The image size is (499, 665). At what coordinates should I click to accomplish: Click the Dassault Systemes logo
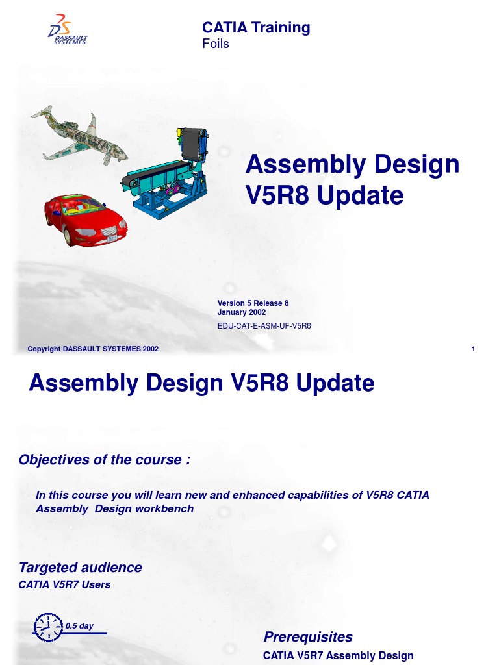[67, 30]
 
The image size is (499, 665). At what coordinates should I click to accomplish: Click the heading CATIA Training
[256, 27]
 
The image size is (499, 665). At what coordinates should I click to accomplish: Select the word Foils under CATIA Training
[216, 44]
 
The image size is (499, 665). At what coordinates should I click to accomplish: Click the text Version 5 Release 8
[253, 303]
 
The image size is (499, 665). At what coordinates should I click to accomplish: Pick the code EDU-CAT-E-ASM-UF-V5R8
[264, 325]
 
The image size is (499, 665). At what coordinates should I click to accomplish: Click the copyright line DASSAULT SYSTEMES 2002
[93, 349]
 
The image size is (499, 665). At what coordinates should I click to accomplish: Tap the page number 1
[474, 349]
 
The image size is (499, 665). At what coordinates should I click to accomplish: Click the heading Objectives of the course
[105, 460]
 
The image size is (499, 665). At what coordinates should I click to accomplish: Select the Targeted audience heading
[81, 567]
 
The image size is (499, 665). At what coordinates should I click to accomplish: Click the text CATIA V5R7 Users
[65, 584]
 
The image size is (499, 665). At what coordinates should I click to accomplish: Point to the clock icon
[47, 627]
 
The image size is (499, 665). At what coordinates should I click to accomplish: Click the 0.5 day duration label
[79, 626]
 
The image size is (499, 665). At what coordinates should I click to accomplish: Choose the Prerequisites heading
[308, 636]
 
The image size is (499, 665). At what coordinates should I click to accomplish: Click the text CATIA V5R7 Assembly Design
[338, 655]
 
